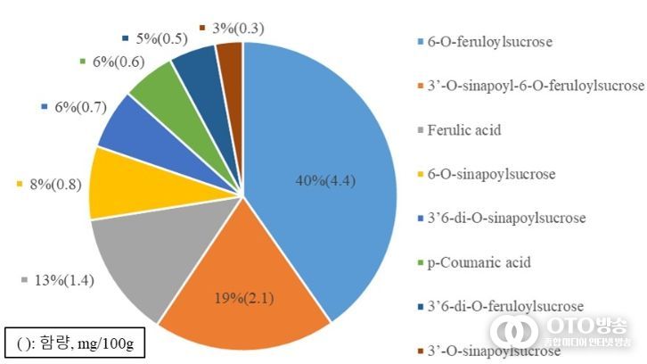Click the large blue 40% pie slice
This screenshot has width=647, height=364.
[x=321, y=143]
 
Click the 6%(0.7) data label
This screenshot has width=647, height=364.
[x=79, y=107]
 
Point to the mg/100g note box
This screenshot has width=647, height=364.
[x=74, y=342]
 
